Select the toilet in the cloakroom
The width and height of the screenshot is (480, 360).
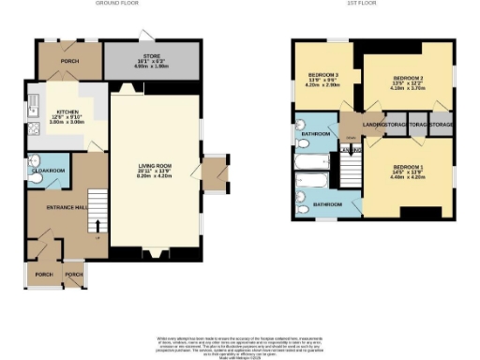coord(33,158)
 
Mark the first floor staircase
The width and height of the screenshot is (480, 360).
coord(351,170)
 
